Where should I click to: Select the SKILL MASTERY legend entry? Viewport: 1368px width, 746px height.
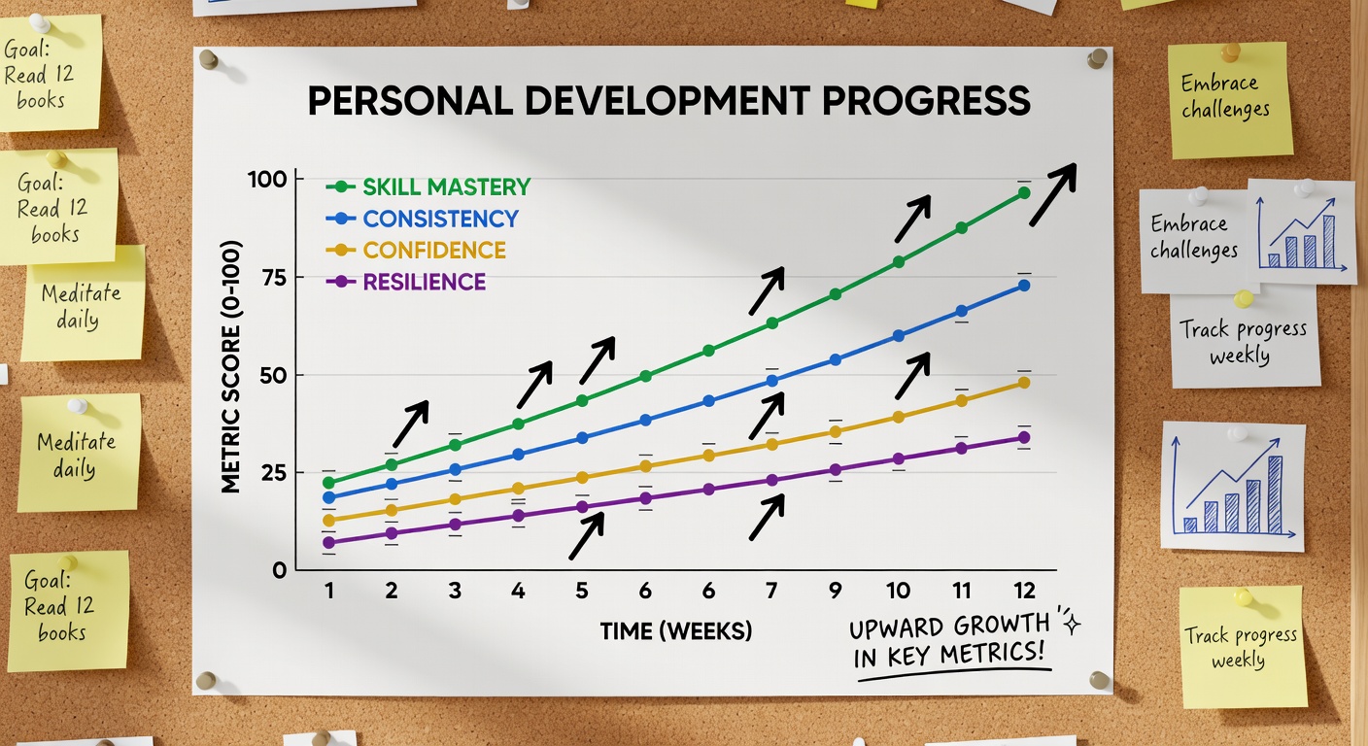click(446, 186)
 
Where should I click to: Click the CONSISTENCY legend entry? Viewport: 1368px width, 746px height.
click(440, 219)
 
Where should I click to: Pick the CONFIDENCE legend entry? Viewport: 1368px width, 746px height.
click(433, 251)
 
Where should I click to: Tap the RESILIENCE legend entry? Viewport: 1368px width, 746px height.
click(424, 283)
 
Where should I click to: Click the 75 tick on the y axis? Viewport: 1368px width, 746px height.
click(275, 278)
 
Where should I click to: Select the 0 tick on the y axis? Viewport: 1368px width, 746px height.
click(280, 570)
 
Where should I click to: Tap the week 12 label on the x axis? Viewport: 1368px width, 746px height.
click(1024, 591)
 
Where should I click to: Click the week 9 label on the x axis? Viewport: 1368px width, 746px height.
click(835, 591)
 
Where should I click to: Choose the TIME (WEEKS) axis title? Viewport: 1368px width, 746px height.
click(676, 631)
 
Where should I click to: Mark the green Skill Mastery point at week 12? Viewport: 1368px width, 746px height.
click(1023, 192)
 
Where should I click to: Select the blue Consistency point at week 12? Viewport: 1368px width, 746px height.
click(1023, 286)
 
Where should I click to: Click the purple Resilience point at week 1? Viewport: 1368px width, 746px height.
click(329, 542)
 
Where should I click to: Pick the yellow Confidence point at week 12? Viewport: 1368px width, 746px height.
click(1023, 383)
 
